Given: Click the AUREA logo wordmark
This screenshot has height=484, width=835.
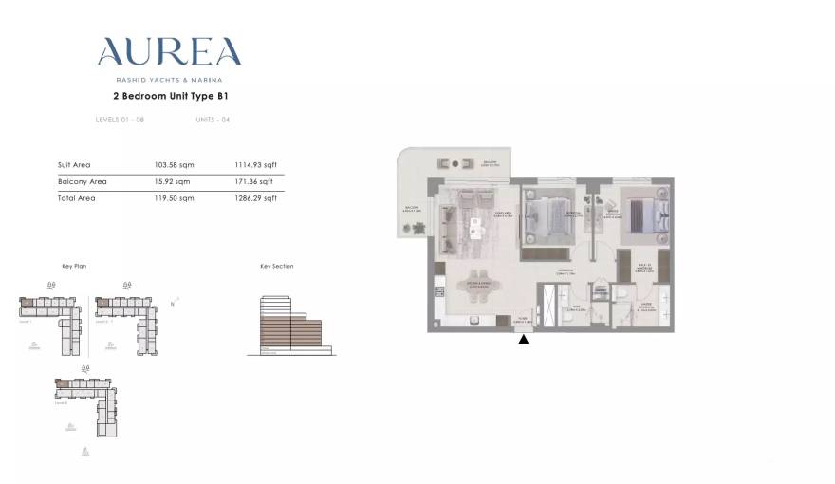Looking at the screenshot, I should point(170,51).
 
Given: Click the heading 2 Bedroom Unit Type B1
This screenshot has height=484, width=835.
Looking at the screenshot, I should point(170,96).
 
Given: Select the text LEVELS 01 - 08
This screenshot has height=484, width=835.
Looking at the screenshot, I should point(120,120).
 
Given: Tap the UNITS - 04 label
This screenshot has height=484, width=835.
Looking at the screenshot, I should point(213,120).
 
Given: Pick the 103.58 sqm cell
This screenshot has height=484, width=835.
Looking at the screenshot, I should point(172,165).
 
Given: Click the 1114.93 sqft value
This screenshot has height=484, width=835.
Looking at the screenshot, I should point(255,165).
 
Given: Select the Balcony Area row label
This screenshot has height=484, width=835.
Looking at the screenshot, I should point(83,181).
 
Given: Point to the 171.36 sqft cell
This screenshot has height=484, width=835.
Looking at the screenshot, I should point(253,181).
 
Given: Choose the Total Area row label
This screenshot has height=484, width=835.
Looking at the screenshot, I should point(77,198).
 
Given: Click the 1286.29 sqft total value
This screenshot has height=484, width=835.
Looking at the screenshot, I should point(256,198).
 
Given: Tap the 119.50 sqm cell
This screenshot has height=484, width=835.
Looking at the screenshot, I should point(172,198).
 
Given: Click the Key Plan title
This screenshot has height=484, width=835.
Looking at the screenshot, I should point(74,267).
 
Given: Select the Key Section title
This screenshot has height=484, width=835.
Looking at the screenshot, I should point(276,267).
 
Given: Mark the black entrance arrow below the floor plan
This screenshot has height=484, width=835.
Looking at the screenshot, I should point(523,338).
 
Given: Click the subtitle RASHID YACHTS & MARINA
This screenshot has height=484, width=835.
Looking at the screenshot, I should point(170,79).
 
